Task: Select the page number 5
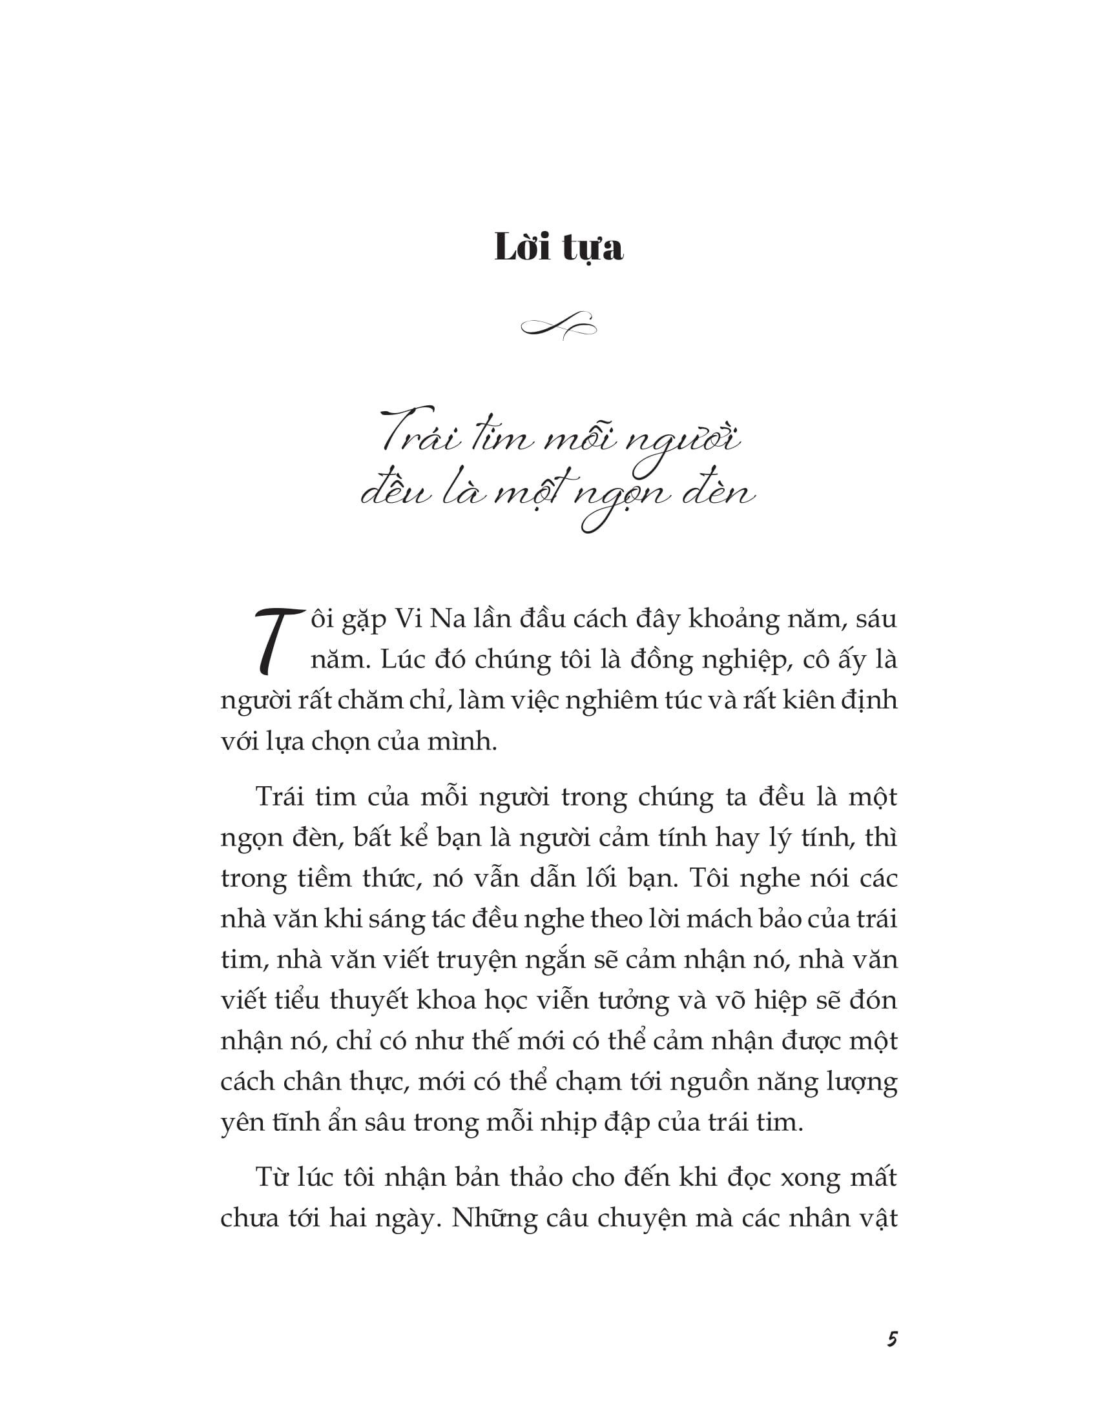tap(892, 1341)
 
